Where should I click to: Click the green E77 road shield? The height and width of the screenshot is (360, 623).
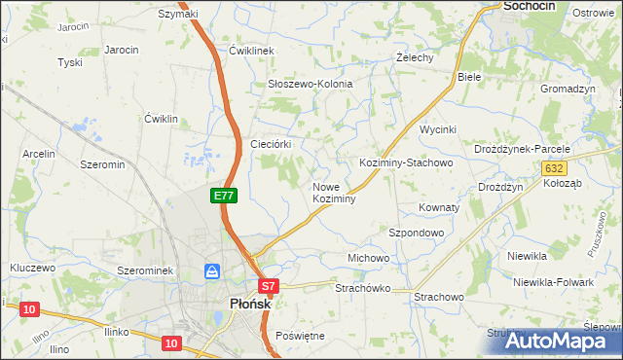pos(224,196)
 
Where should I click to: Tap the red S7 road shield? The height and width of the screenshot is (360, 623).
pos(270,286)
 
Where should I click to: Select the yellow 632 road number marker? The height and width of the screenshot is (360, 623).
pos(554,167)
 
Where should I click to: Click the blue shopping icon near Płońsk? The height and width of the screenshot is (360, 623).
pos(211,271)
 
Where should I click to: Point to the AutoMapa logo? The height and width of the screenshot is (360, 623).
pos(562,341)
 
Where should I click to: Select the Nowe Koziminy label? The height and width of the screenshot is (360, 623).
pos(333,193)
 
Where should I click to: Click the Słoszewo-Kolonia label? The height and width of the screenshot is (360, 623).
pos(310,85)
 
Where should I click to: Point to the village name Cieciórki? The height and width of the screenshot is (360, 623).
pos(273,143)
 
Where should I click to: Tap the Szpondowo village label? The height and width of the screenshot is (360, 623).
pos(417,234)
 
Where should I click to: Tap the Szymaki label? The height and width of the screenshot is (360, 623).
pos(178,14)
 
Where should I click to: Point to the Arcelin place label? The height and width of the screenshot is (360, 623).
pos(39,154)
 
